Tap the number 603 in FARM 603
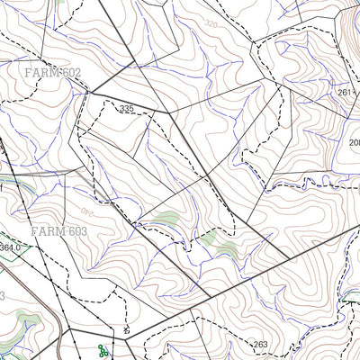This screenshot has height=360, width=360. coord(73,231)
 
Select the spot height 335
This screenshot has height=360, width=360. coord(126,109)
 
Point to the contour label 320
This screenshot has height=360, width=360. coord(211,23)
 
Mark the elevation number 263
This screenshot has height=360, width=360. coord(260,344)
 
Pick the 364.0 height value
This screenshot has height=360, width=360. coord(10,247)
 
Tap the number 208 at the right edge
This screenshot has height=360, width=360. coord(354,142)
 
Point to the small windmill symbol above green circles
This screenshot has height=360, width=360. coord(127,329)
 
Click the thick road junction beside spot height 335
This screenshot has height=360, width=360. coord(169,115)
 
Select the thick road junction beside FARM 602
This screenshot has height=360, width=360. coord(88,93)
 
